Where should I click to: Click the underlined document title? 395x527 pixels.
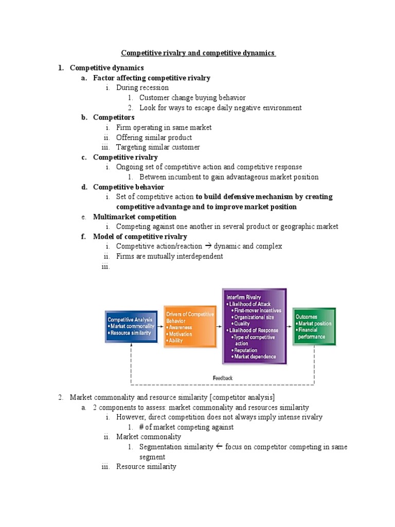pyautogui.click(x=198, y=53)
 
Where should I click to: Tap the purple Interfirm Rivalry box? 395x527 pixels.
pyautogui.click(x=254, y=326)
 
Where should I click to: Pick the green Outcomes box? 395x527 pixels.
pyautogui.click(x=314, y=327)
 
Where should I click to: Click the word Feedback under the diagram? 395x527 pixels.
pyautogui.click(x=223, y=378)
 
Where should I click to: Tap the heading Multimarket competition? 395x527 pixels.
pyautogui.click(x=134, y=217)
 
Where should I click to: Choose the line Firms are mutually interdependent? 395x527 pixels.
pyautogui.click(x=169, y=256)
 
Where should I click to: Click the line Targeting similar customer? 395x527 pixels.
pyautogui.click(x=158, y=147)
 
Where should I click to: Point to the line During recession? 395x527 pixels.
pyautogui.click(x=142, y=87)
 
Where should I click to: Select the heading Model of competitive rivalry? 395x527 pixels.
pyautogui.click(x=140, y=237)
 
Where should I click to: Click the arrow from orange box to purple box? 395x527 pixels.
pyautogui.click(x=219, y=328)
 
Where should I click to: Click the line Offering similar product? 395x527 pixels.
pyautogui.click(x=154, y=137)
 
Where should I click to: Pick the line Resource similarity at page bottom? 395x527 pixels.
pyautogui.click(x=146, y=466)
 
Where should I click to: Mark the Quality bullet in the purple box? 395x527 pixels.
pyautogui.click(x=242, y=324)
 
